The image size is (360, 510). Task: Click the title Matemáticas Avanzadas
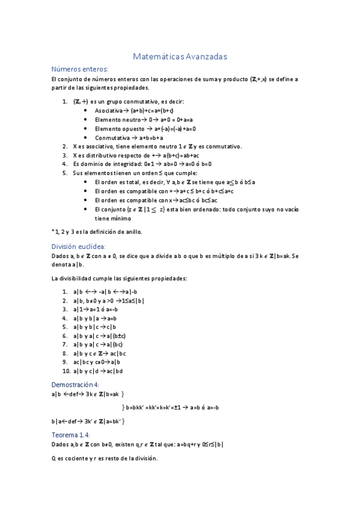180,57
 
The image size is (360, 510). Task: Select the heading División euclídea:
78,247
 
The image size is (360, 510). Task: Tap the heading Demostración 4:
75,384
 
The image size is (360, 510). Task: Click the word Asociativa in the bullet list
108,111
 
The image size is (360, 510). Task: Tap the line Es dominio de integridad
142,164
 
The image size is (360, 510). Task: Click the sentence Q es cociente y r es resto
105,459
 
